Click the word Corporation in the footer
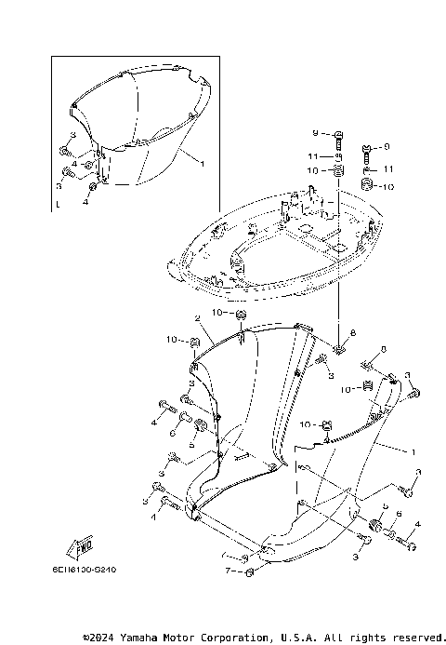coord(230,638)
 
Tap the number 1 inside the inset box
coord(202,163)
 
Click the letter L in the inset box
coord(58,201)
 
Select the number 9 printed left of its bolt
coord(316,134)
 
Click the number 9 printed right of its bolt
coord(387,146)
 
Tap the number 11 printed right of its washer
coord(389,168)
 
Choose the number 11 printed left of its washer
coord(315,155)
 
